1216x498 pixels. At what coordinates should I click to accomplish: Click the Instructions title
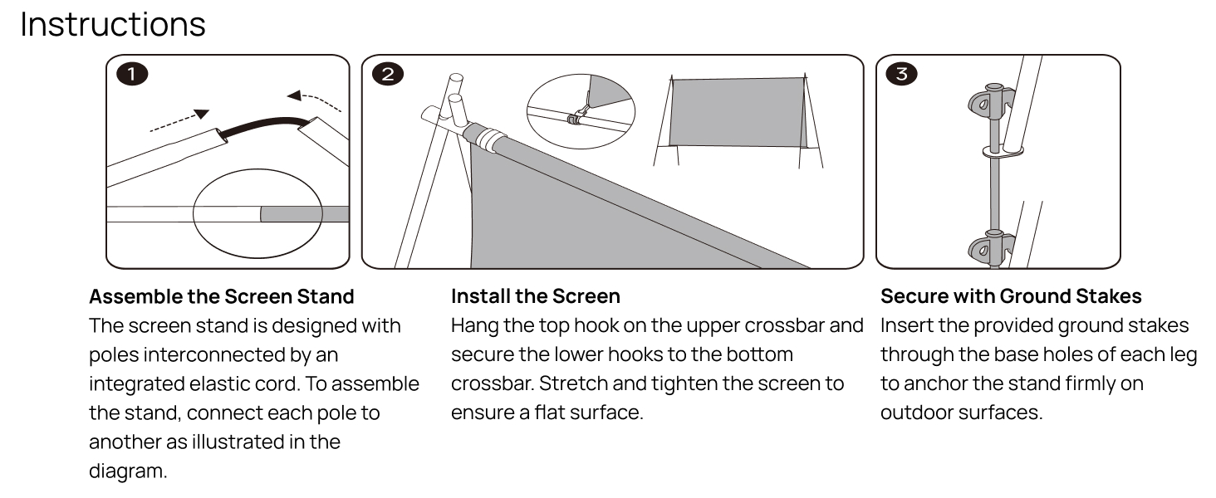click(x=113, y=24)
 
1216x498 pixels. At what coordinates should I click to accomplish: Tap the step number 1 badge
click(x=132, y=74)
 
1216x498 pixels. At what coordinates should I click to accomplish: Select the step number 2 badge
click(x=388, y=74)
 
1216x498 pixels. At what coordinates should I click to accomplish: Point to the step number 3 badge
click(x=901, y=74)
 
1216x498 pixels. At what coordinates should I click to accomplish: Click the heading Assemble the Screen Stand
click(x=222, y=297)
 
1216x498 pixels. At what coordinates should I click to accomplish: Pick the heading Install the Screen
click(x=535, y=296)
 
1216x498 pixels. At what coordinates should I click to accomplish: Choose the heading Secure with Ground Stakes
click(x=1011, y=296)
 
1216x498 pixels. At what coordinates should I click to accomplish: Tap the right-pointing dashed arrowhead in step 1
click(x=201, y=114)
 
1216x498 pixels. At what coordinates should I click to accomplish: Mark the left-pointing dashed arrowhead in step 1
click(x=294, y=96)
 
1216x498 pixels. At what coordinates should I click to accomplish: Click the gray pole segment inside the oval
click(x=305, y=214)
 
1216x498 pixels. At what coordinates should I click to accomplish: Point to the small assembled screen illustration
click(x=738, y=120)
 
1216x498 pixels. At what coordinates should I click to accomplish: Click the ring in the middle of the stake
click(x=1003, y=151)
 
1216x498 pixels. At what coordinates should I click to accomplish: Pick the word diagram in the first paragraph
click(x=128, y=471)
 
